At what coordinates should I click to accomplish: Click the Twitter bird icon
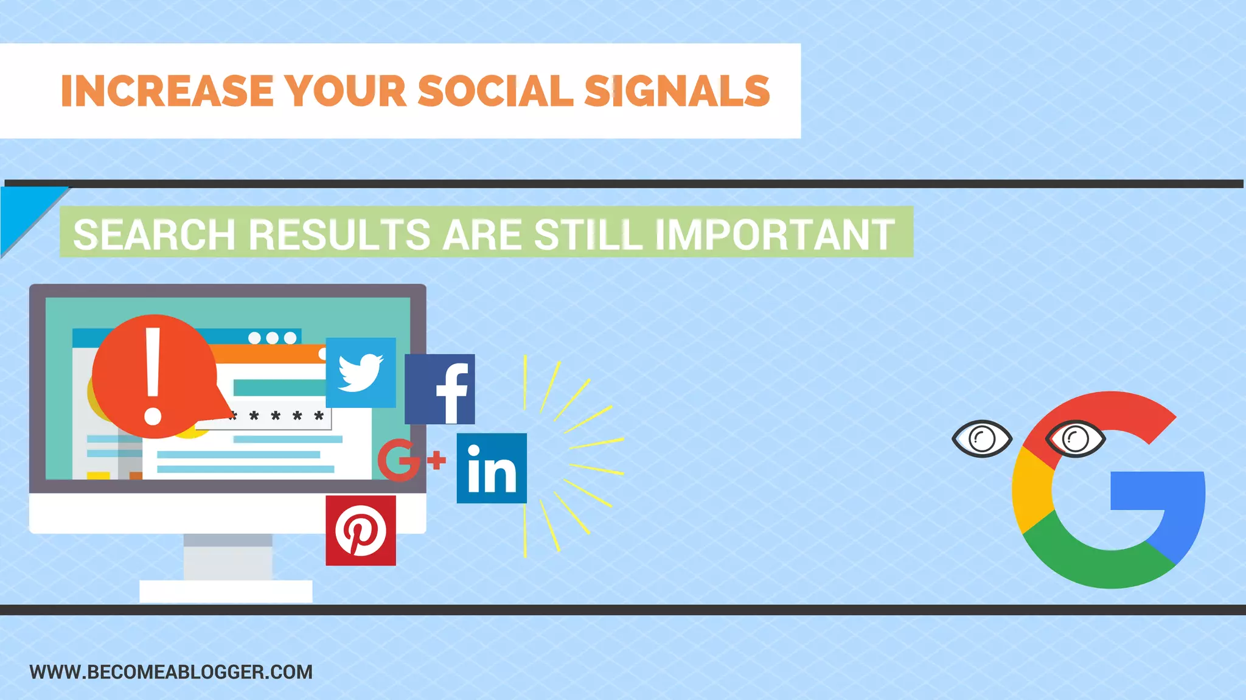(x=361, y=373)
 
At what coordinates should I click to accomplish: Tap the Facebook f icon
(x=440, y=389)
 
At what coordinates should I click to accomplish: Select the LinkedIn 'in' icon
(x=492, y=468)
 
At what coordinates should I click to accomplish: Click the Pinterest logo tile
(x=361, y=530)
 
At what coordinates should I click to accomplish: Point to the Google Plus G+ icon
(x=411, y=460)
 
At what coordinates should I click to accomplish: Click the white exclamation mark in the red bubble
(x=153, y=376)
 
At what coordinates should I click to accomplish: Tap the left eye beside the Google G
(x=981, y=438)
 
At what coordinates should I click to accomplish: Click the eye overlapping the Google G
(x=1075, y=439)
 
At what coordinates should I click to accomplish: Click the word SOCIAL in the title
(x=496, y=91)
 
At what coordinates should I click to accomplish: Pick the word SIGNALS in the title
(x=677, y=91)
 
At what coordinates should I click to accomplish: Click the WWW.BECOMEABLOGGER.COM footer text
(x=171, y=672)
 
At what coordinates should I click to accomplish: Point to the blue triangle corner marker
(x=21, y=210)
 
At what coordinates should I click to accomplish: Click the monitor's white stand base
(x=226, y=590)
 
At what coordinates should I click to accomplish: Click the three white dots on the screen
(x=273, y=338)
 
